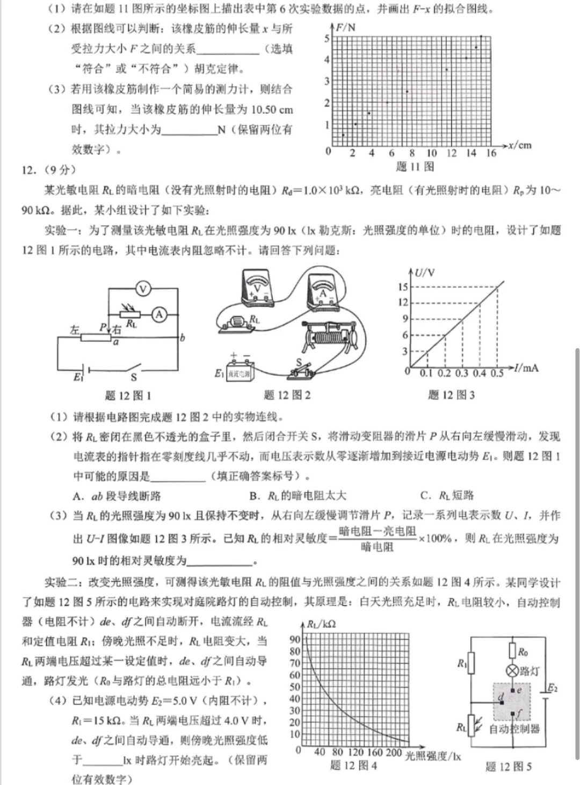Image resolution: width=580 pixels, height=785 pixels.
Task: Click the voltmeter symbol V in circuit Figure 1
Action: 143,289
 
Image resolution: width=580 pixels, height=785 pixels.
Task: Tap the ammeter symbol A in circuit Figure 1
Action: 159,315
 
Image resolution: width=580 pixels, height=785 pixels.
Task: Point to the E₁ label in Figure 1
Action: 78,377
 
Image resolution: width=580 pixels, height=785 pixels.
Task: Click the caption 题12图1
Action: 128,396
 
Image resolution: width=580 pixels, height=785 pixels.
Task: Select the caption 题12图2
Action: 287,395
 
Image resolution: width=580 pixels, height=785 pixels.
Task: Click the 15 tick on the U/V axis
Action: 403,287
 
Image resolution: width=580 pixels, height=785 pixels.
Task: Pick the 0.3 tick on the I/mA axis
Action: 462,373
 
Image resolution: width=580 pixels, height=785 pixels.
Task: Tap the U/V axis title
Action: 425,273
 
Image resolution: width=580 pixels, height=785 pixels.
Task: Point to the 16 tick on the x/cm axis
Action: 491,153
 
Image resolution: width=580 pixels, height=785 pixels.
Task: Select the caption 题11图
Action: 415,167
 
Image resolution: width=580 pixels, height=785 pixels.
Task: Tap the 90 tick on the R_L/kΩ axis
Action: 295,639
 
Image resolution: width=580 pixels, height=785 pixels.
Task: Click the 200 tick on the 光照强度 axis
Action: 394,752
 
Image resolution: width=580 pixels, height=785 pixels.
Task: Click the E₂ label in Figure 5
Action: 552,688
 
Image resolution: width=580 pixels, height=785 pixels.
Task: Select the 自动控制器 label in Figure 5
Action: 514,729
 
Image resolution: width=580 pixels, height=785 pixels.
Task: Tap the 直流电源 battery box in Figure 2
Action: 240,372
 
